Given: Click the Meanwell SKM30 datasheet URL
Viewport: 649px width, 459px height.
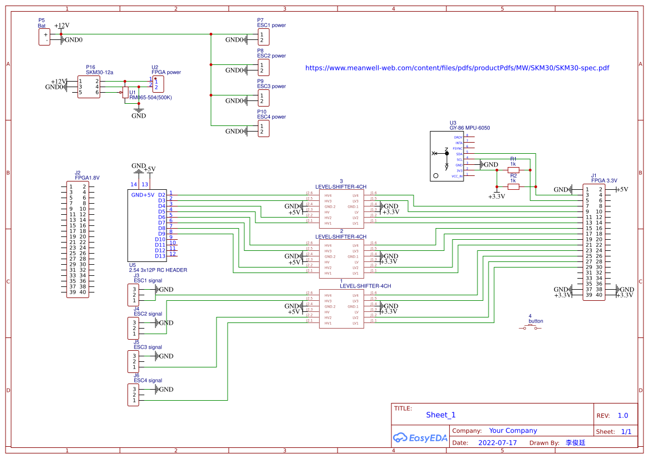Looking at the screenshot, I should tap(457, 68).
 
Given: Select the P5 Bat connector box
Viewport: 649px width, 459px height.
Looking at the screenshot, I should tap(44, 37).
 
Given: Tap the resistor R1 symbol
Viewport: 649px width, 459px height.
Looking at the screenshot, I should tap(513, 170).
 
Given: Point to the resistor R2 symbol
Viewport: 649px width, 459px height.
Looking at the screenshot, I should tap(513, 187).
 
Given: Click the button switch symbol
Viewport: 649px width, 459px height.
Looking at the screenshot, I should tap(530, 329).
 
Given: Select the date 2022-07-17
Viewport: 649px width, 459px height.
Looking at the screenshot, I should tap(497, 443).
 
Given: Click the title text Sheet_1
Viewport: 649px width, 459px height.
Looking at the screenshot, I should tap(440, 415).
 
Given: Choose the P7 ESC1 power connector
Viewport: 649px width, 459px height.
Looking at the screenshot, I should tap(264, 37).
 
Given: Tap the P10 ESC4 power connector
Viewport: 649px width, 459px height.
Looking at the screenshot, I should tap(264, 129).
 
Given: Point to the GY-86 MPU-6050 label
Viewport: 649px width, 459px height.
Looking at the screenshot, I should tap(470, 128).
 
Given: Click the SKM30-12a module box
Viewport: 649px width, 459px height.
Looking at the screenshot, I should tap(89, 87).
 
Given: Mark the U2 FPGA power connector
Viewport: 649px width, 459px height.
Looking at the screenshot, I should tap(158, 84).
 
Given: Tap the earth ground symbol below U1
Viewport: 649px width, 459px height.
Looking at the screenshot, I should tap(138, 112).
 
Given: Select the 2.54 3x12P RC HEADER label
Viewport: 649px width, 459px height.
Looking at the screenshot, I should tap(158, 270).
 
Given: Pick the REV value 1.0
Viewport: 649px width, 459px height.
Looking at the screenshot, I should tap(622, 416).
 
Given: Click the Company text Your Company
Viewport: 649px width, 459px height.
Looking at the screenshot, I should tap(512, 431).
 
